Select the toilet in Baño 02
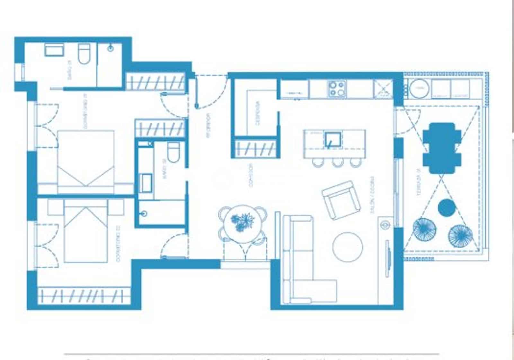[174, 153]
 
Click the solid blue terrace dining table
[442, 148]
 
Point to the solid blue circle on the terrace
[447, 208]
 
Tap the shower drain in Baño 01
[111, 49]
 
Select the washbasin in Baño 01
[54, 50]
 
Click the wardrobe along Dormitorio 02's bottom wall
[84, 295]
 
